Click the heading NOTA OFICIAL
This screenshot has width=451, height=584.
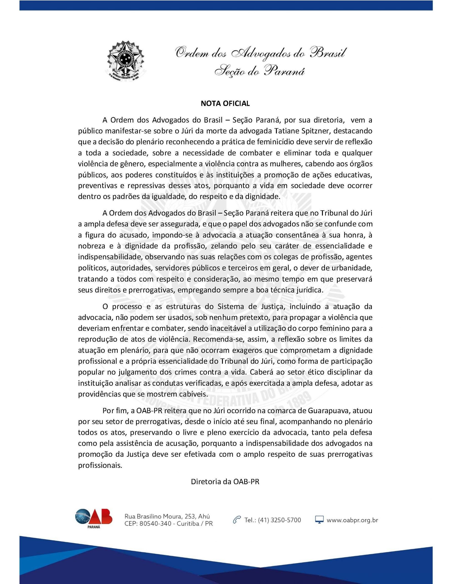[x=225, y=104]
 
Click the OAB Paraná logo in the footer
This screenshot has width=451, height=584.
[x=93, y=519]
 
